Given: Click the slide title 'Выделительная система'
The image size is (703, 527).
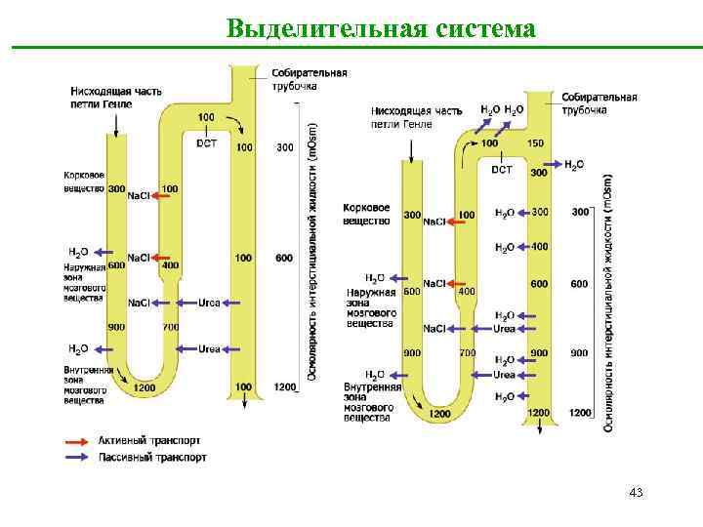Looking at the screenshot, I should (381, 28).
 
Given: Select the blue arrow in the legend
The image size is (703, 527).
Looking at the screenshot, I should (77, 456).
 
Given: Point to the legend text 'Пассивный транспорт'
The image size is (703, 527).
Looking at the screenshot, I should (152, 456).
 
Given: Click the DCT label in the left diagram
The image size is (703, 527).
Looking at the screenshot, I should (207, 142).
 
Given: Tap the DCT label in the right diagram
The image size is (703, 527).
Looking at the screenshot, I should (501, 170).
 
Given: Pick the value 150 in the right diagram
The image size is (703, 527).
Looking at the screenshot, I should (535, 144).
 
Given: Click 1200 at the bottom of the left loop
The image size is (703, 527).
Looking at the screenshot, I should (145, 387).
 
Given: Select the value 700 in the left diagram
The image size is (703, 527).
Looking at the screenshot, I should (170, 326).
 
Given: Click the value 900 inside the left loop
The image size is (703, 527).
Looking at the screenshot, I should (116, 326).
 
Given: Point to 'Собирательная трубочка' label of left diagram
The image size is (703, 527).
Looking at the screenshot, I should (310, 79).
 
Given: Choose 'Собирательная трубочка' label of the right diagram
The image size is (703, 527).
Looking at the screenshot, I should (599, 103).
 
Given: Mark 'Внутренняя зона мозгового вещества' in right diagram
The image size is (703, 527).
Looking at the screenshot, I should (372, 402).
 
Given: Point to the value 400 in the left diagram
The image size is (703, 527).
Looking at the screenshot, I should (170, 264).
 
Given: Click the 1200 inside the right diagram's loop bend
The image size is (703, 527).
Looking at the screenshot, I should (439, 414).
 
